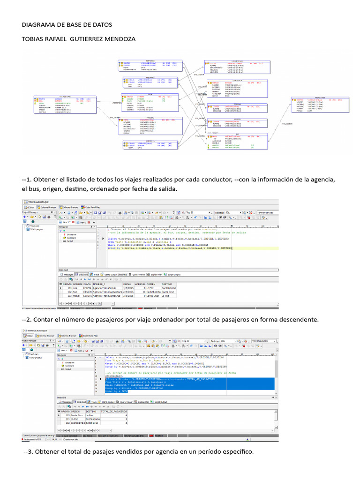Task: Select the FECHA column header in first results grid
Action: pyautogui.click(x=127, y=284)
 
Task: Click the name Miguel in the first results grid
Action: pyautogui.click(x=77, y=296)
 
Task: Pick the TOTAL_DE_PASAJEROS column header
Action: pyautogui.click(x=114, y=411)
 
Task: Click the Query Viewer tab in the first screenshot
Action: pyautogui.click(x=138, y=275)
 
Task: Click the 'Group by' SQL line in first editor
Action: pyautogui.click(x=169, y=248)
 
